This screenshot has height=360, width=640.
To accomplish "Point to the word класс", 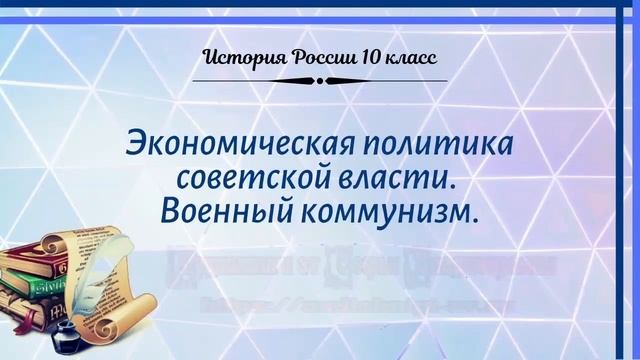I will coord(408,56).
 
